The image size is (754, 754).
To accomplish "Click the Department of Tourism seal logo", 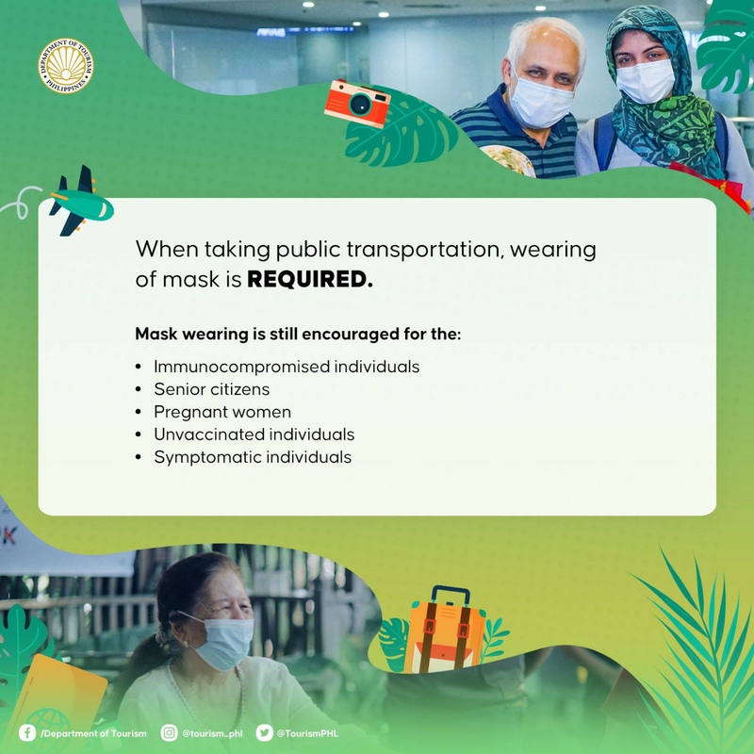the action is click(66, 66).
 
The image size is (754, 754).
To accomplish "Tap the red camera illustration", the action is click(357, 104).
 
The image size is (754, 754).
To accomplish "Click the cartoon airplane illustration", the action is click(80, 202).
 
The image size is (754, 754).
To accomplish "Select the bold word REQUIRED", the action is click(310, 279).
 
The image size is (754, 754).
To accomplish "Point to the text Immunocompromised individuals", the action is click(287, 367).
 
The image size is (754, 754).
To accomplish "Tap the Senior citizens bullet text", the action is click(211, 389).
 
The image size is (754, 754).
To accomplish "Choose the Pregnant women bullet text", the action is click(222, 412).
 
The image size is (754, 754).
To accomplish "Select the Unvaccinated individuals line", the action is click(254, 434).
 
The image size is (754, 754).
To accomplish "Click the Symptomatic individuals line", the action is click(253, 457).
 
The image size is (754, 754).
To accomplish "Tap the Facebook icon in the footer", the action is click(27, 733).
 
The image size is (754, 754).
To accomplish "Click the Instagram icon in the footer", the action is click(169, 733).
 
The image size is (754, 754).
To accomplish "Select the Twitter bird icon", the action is click(265, 733).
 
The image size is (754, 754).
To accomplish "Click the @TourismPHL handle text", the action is click(307, 733).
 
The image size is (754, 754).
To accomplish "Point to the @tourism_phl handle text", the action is click(212, 734).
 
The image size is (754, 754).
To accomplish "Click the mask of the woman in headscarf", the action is click(646, 81).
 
